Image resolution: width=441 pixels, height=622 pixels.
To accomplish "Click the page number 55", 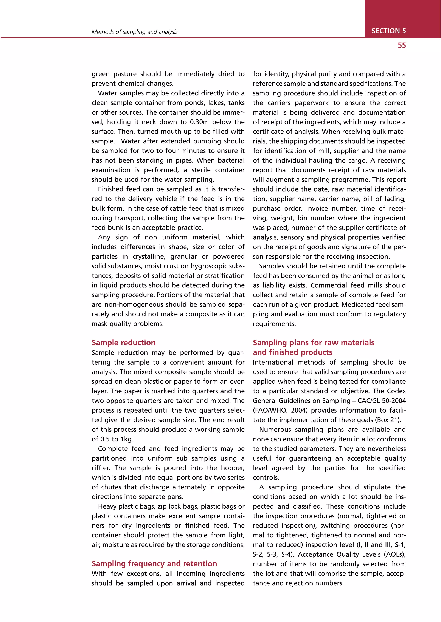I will pos(402,45).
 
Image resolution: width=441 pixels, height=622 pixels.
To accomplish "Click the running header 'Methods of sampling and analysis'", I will pos(134,32).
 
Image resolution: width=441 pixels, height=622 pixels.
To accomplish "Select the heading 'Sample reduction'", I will pos(124,343).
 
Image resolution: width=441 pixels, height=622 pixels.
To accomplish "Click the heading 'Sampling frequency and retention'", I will pos(154,564).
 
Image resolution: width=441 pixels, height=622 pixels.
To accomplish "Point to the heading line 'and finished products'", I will pos(292,352).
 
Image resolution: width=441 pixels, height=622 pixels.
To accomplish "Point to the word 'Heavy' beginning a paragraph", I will pos(107,506).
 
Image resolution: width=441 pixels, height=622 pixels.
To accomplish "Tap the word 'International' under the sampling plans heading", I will pos(273,362).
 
